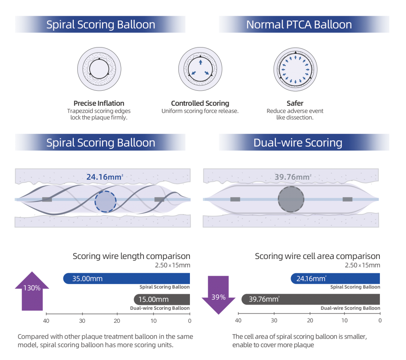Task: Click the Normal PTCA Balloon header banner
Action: point(304,24)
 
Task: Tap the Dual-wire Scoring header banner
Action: point(304,142)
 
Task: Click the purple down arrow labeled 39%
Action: point(219,295)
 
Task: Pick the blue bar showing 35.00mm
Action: point(127,278)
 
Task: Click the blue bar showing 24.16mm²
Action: point(335,278)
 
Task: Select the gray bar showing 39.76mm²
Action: point(311,299)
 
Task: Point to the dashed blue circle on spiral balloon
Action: point(105,202)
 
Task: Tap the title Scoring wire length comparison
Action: point(131,256)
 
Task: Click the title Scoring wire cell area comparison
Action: point(317,256)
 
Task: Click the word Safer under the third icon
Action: point(295,103)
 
